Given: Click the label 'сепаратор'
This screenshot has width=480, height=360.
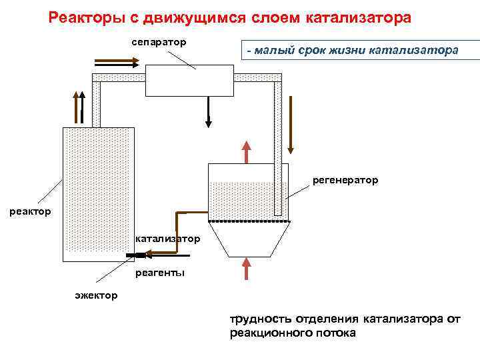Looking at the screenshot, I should pyautogui.click(x=158, y=42).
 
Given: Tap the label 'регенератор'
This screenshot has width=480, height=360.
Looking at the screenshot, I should pyautogui.click(x=345, y=180).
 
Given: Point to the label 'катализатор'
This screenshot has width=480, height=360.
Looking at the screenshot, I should pyautogui.click(x=167, y=238).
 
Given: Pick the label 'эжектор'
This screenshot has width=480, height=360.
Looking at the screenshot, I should pyautogui.click(x=96, y=295).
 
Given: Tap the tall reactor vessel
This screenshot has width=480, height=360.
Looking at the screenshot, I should pyautogui.click(x=98, y=193).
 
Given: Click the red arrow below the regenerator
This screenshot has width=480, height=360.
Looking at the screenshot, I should pyautogui.click(x=247, y=268).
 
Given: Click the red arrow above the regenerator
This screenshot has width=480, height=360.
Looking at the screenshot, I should pyautogui.click(x=247, y=151).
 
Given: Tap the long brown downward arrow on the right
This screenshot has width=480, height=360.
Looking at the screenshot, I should pyautogui.click(x=290, y=121).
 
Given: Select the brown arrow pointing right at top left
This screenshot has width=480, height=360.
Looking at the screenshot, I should pyautogui.click(x=117, y=62).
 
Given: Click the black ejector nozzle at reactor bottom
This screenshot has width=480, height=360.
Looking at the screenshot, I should pyautogui.click(x=137, y=255).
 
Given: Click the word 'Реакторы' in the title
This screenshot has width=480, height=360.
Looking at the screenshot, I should pyautogui.click(x=87, y=17).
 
